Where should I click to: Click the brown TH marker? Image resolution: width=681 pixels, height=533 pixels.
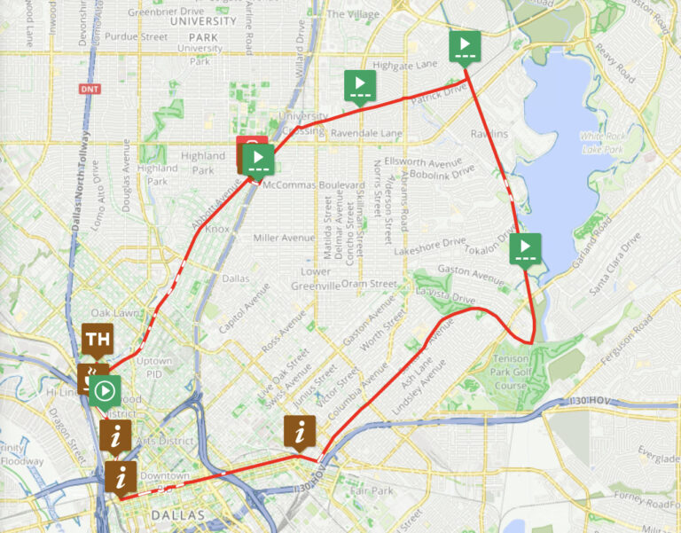click(98, 338)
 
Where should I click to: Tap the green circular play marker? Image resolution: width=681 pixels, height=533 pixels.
click(105, 389)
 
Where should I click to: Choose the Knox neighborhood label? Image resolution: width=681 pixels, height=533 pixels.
click(218, 229)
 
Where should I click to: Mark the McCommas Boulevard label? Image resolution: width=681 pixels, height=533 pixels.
click(314, 184)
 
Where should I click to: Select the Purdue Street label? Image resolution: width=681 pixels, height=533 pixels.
click(136, 36)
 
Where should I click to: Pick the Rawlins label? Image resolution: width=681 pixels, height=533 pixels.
click(489, 134)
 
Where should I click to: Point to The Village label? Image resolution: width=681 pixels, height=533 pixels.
click(354, 14)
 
